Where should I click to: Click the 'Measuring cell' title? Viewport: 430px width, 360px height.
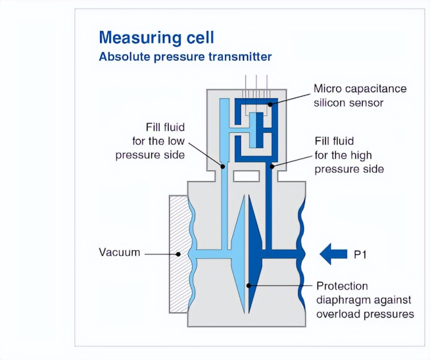(x=156, y=38)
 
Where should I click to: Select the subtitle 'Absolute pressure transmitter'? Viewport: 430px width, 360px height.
(x=185, y=57)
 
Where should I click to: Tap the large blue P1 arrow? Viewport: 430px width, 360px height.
(x=333, y=254)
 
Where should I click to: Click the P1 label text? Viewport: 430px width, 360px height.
(x=360, y=255)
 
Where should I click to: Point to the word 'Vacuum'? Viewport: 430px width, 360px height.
(x=119, y=252)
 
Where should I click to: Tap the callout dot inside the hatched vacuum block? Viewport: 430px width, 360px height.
(x=178, y=255)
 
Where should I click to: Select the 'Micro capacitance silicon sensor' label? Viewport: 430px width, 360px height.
(x=360, y=96)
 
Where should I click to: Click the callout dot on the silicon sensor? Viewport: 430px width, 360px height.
(x=270, y=104)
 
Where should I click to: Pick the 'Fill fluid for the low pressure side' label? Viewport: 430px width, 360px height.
(x=150, y=141)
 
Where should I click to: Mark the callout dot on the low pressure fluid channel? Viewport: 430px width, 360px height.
(x=223, y=166)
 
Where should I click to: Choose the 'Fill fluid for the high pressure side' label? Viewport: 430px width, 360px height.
(x=349, y=155)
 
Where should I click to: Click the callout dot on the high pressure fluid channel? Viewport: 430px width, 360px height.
(x=272, y=166)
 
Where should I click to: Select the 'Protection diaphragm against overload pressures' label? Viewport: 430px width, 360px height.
(x=365, y=300)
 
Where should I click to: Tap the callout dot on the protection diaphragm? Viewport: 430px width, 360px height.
(x=249, y=286)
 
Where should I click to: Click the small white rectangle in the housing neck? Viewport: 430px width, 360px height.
(x=246, y=176)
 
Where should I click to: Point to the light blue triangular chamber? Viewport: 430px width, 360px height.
(x=239, y=254)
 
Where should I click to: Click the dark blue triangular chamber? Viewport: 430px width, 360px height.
(x=254, y=254)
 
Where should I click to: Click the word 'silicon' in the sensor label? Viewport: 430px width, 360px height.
(x=329, y=103)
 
